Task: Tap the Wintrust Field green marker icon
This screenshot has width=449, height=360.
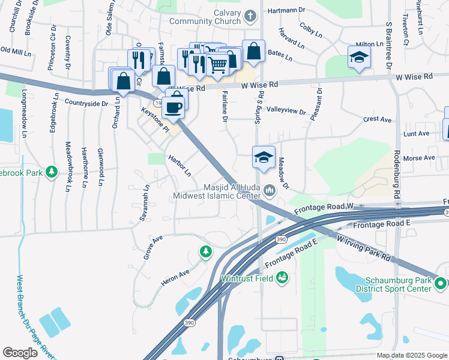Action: (282, 278)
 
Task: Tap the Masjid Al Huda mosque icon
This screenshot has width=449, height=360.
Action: (269, 191)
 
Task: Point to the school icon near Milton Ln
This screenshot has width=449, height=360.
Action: (359, 58)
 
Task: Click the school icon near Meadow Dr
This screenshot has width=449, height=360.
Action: (264, 157)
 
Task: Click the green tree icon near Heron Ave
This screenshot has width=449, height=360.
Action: (206, 251)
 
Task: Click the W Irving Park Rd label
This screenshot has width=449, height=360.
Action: (364, 248)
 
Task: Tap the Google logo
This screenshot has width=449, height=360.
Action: (20, 353)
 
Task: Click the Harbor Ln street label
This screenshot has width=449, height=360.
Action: (179, 166)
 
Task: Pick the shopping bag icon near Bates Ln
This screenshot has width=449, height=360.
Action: (253, 52)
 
